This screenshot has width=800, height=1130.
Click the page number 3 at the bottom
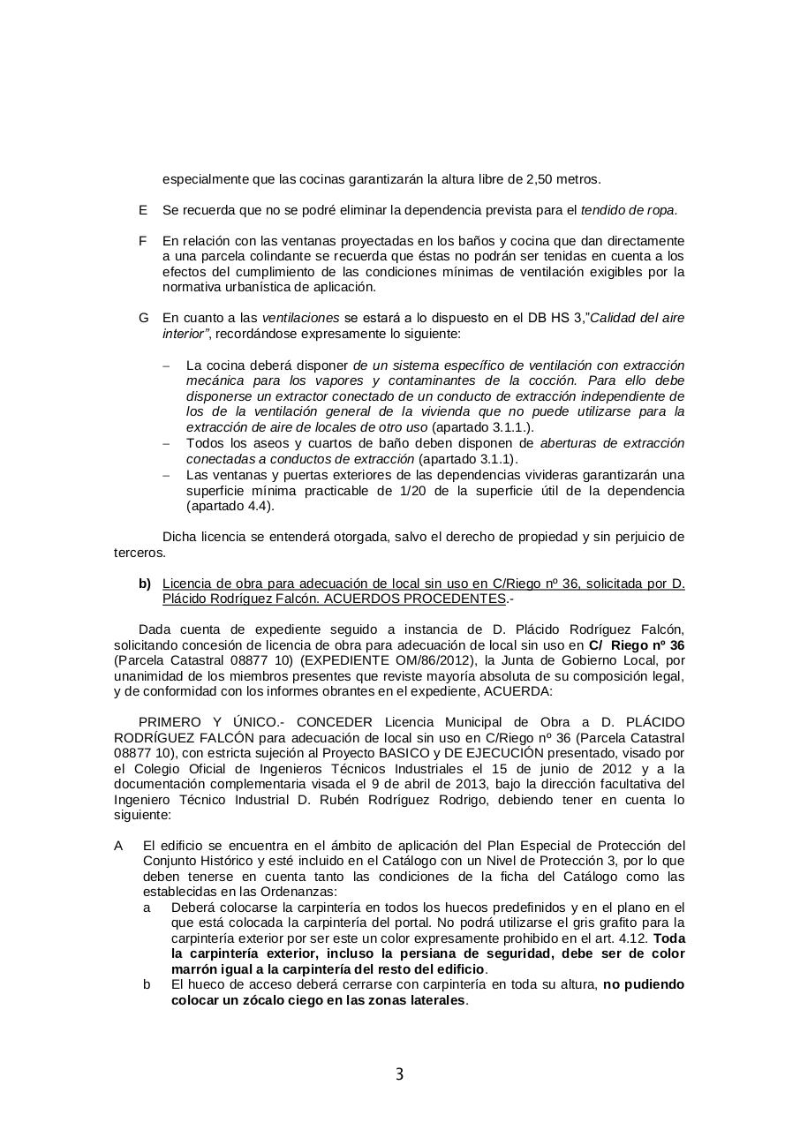(399, 1074)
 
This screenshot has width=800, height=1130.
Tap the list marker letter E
(142, 210)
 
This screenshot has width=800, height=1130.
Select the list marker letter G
(143, 318)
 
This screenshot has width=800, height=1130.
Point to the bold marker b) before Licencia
(144, 584)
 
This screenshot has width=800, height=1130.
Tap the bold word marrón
(192, 969)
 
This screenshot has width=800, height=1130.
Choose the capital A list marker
(118, 846)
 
